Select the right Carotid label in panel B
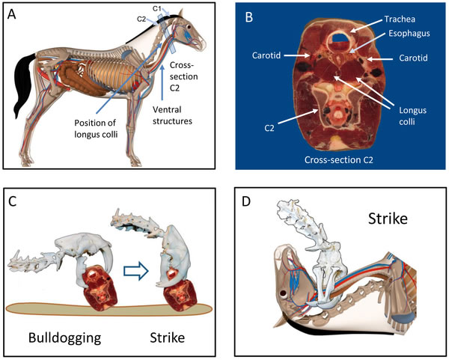[x=415, y=55]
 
